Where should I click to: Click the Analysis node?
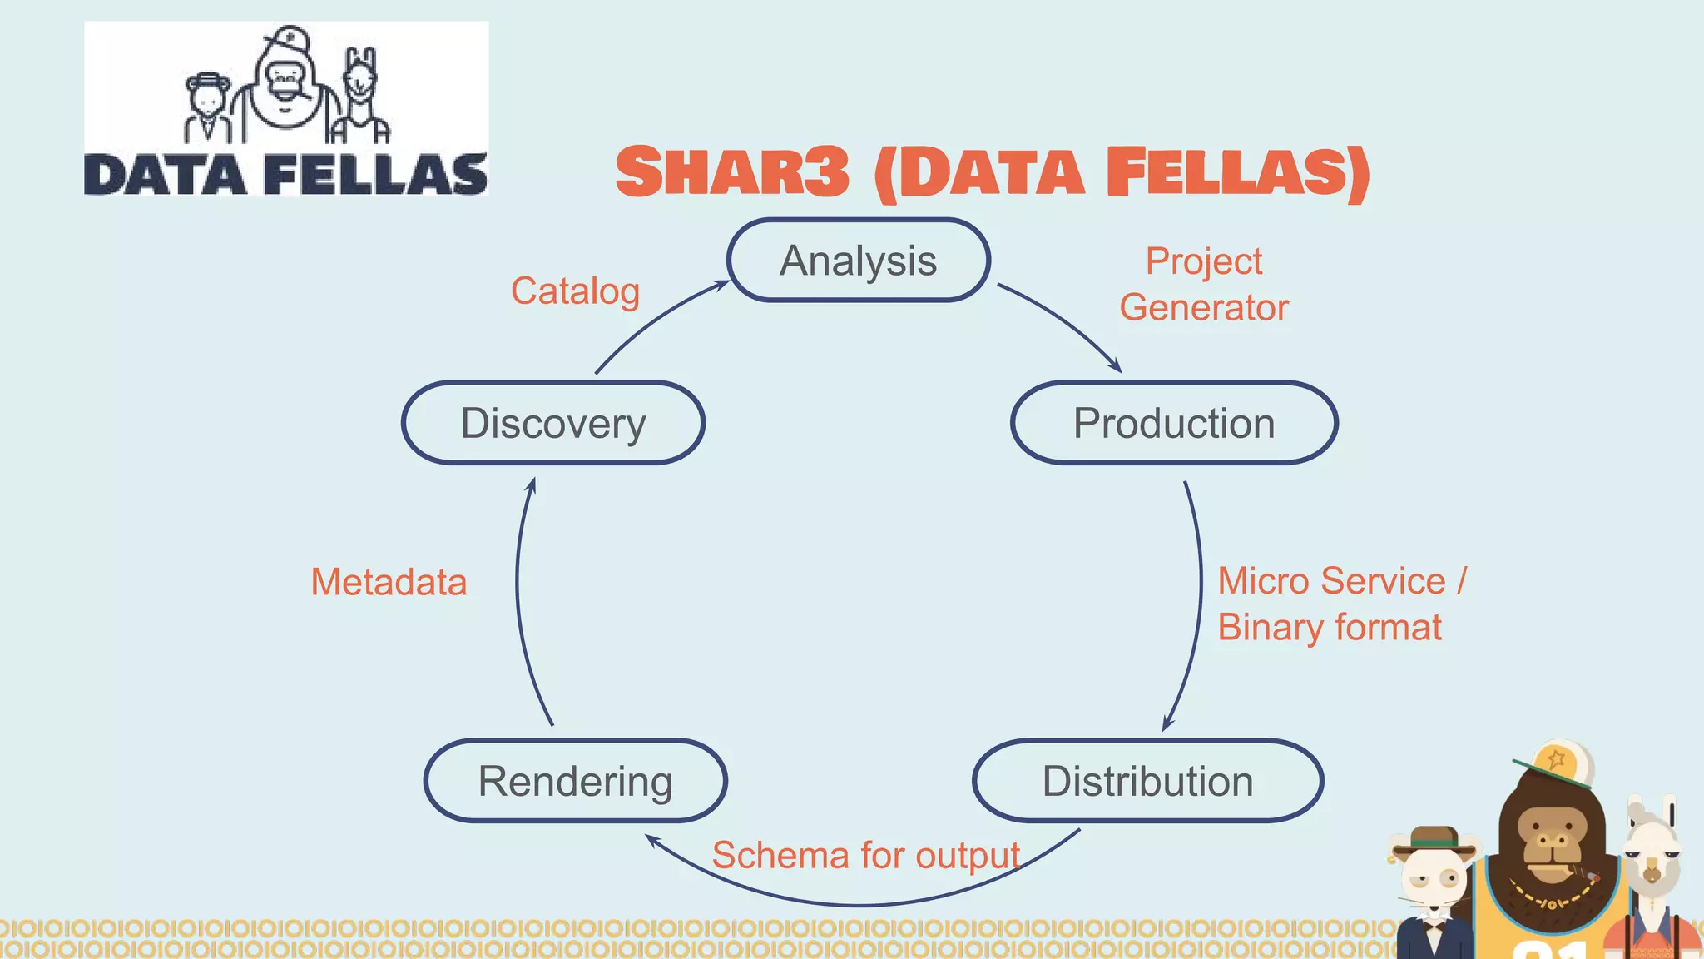tap(858, 261)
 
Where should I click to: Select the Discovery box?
tap(553, 423)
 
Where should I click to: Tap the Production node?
tap(1174, 423)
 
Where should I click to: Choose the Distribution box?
tap(1147, 781)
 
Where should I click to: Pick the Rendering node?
tap(575, 781)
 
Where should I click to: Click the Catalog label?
tap(575, 291)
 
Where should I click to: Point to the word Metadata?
tap(389, 582)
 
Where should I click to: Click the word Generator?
tap(1203, 307)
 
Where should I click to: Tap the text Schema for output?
tap(865, 855)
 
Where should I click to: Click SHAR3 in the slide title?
tap(732, 172)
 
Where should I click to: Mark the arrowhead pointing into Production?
tap(1116, 367)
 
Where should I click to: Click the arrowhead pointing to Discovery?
tap(532, 484)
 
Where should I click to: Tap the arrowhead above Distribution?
tap(1167, 724)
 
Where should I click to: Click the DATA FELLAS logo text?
tap(285, 175)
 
